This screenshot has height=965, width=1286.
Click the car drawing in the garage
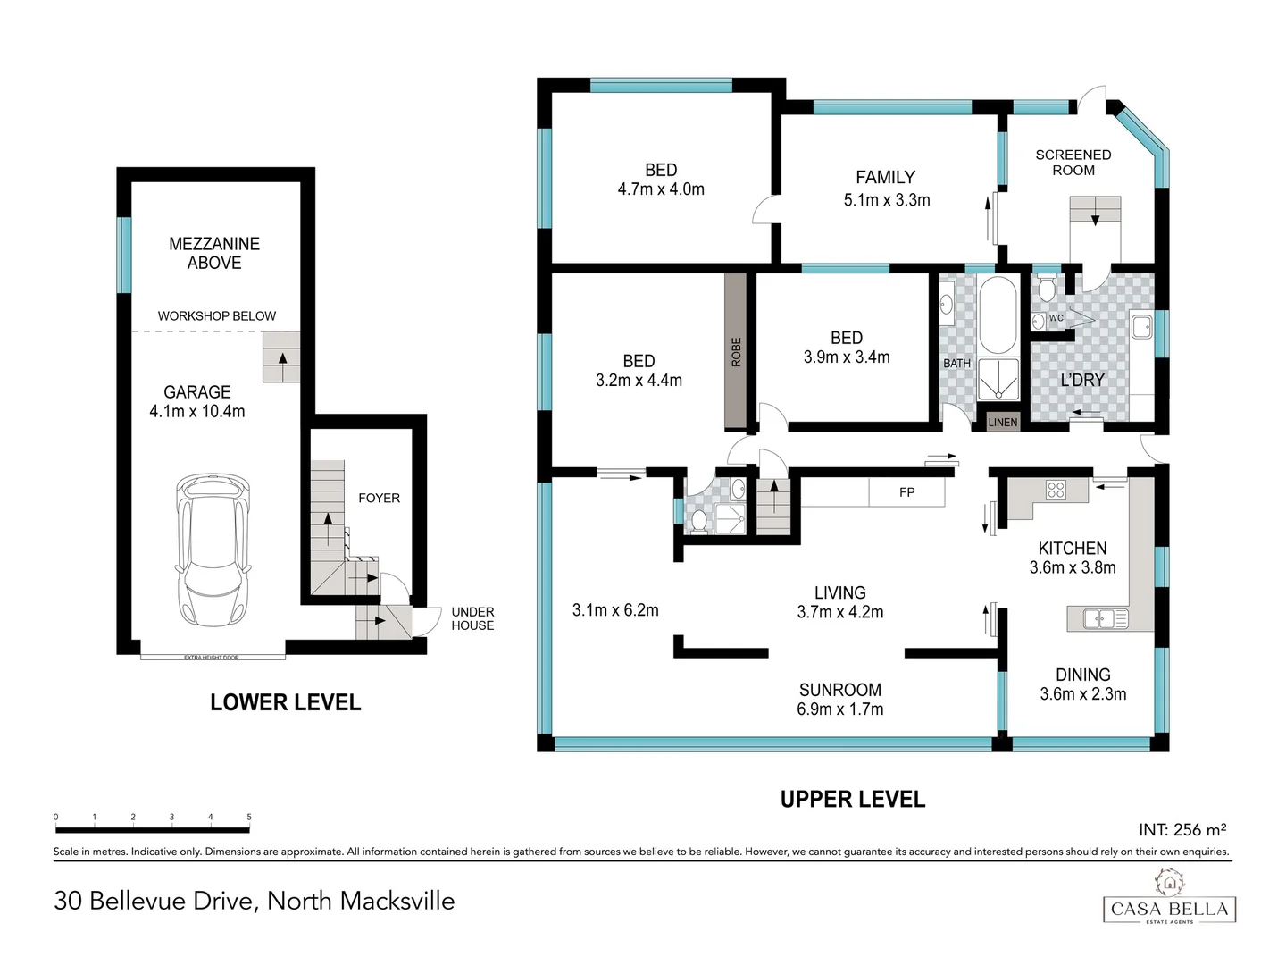213,550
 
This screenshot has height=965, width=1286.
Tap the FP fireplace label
906,492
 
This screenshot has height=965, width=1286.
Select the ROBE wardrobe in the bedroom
736,351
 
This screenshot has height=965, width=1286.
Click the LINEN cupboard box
1002,422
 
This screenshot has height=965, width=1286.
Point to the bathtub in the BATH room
997,315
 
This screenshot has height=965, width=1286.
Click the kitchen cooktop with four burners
1056,490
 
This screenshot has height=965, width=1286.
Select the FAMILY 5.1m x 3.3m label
887,188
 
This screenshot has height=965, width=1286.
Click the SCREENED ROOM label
1073,163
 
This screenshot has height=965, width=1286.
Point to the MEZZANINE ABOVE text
214,253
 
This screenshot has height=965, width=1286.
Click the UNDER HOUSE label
472,618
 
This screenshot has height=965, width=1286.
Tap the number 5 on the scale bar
249,817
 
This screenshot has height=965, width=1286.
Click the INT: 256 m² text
1182,830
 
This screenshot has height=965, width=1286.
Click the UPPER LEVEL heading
853,799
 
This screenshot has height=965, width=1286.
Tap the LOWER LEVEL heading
285,702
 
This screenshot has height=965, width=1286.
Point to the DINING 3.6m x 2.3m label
1082,684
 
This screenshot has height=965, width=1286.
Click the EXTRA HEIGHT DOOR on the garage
213,658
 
